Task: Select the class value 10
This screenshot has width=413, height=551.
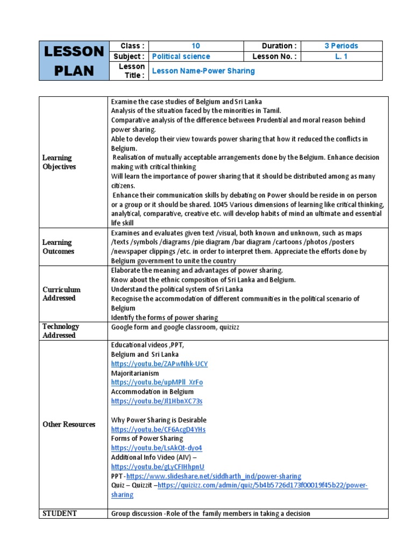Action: click(x=196, y=46)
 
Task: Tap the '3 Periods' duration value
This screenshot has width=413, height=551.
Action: click(x=341, y=46)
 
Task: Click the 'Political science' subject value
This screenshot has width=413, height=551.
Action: click(x=181, y=56)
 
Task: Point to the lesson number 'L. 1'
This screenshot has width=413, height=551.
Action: click(x=341, y=56)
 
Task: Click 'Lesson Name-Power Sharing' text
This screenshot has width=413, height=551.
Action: click(x=204, y=71)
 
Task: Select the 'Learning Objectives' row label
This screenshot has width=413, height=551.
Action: click(x=59, y=162)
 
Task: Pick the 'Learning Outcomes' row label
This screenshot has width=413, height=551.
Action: click(x=58, y=247)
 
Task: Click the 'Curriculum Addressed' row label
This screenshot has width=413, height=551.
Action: click(x=61, y=294)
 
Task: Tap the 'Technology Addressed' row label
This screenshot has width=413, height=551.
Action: click(x=61, y=331)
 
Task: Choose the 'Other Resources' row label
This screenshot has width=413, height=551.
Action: click(x=69, y=425)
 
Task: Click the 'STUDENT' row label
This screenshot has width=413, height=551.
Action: click(x=60, y=513)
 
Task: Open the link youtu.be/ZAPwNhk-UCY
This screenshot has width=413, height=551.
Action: click(x=159, y=364)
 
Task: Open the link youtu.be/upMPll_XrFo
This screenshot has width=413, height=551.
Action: click(x=157, y=383)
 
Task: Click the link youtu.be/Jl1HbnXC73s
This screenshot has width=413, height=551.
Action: click(x=156, y=401)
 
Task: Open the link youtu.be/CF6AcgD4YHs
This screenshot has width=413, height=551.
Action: click(x=158, y=429)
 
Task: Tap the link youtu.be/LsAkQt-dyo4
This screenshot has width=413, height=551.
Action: click(x=156, y=448)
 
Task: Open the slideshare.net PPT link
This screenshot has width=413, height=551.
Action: click(x=213, y=476)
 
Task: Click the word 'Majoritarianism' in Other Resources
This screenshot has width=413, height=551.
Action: click(x=135, y=373)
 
